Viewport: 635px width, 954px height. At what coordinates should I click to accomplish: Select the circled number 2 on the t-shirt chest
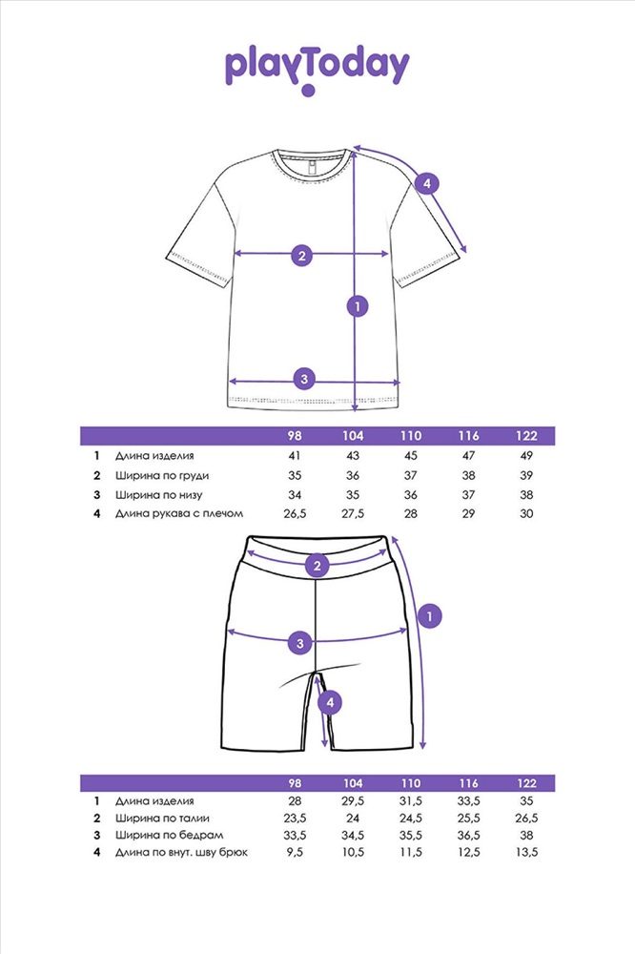coord(301,255)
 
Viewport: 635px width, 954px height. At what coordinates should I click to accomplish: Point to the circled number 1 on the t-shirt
coord(357,306)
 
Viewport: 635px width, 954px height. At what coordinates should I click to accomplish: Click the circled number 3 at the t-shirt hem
coord(303,379)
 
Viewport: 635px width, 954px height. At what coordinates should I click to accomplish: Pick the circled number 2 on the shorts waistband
coord(317,567)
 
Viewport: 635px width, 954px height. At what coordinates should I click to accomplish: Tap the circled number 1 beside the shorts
coord(430,616)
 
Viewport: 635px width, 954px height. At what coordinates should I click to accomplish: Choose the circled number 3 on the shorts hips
coord(300,643)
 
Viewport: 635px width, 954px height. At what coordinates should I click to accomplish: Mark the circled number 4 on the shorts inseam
coord(329,703)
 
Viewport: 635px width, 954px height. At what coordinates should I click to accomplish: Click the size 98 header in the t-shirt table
coord(295,436)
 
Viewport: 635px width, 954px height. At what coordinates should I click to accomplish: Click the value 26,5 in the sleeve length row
coord(295,515)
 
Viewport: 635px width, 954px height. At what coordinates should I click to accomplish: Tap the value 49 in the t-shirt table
coord(526,456)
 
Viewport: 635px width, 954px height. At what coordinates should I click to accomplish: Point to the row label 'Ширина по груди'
coord(161,475)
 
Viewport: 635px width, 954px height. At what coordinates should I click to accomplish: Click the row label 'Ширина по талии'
coord(162,819)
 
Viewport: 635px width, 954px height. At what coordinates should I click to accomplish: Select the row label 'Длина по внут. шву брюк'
coord(181,852)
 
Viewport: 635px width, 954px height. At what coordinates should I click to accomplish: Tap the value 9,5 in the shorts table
coord(295,852)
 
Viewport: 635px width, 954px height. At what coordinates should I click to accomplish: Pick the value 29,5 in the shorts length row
coord(353,801)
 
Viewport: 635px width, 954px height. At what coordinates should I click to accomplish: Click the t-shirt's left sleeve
coord(195,229)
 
